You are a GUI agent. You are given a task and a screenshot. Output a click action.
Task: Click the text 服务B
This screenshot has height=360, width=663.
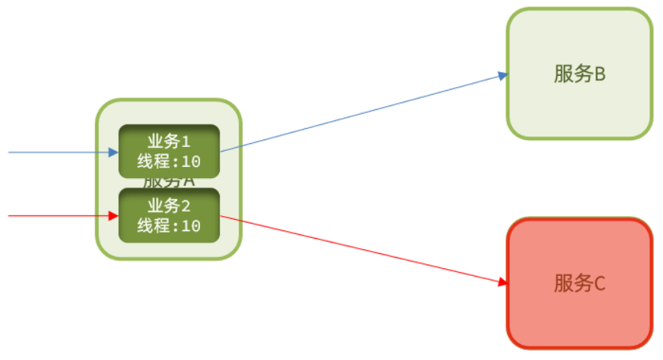[580, 74]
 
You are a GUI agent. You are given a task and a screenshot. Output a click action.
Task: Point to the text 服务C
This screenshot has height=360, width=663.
[580, 284]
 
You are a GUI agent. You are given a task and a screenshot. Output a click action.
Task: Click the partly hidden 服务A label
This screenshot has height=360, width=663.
[169, 183]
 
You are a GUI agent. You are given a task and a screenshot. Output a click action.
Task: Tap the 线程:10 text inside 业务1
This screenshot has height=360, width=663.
[169, 161]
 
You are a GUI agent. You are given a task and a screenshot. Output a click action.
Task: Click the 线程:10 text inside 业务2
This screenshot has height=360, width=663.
[169, 226]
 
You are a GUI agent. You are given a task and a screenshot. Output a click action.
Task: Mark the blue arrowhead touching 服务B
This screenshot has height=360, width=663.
[502, 75]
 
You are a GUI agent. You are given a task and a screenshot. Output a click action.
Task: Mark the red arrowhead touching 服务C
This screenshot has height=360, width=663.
[502, 283]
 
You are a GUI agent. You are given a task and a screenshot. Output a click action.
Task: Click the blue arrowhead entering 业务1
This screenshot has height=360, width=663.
[114, 152]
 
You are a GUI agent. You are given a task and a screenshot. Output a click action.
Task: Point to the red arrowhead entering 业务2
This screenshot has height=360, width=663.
[114, 216]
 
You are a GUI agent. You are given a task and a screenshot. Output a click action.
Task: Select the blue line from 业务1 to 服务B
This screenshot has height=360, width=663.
[364, 112]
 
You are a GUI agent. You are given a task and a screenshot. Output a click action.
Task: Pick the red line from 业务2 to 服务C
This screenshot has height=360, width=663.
[364, 250]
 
